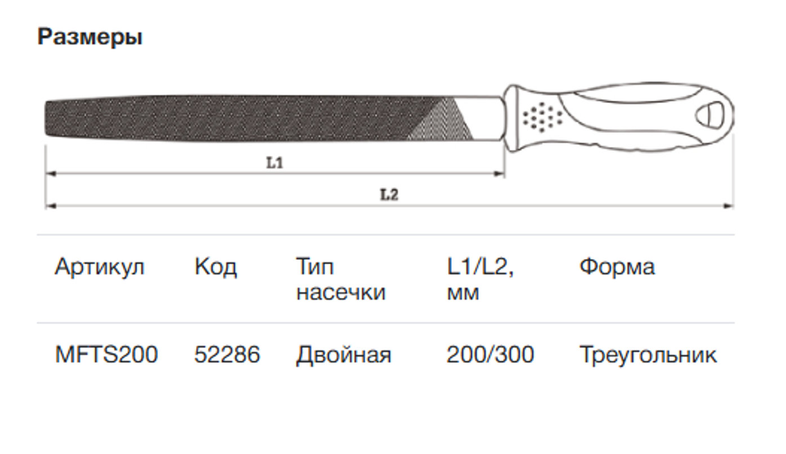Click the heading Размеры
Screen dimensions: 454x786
pos(89,38)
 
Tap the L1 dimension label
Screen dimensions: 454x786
pos(275,163)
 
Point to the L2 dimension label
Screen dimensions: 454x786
pos(389,195)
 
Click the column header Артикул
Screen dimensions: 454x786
pos(100,266)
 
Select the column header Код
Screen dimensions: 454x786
pos(215,266)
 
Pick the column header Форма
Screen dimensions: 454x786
pos(617,266)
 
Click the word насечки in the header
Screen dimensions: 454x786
pos(340,293)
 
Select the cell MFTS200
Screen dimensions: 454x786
pos(106,355)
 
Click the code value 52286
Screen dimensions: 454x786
pos(227,355)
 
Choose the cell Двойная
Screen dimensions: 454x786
pos(343,355)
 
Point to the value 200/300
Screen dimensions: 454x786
pos(490,355)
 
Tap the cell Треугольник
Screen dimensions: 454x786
pos(648,355)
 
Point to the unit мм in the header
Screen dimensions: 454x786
pos(462,293)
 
